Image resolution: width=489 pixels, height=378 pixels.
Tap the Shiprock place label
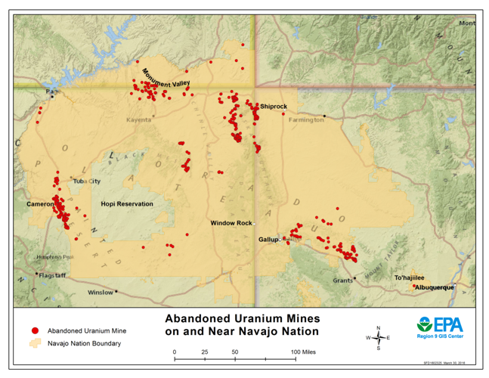pyautogui.click(x=273, y=107)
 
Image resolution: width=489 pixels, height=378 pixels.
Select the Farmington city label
pyautogui.click(x=305, y=119)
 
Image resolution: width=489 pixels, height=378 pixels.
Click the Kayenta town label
pyautogui.click(x=138, y=119)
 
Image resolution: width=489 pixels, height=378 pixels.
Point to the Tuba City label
pyautogui.click(x=86, y=181)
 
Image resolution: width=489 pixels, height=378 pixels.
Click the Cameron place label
pyautogui.click(x=39, y=204)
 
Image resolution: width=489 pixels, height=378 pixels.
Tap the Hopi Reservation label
pyautogui.click(x=127, y=204)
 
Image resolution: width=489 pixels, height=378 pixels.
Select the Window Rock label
pyautogui.click(x=231, y=223)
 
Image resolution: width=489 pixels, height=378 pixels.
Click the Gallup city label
pyautogui.click(x=268, y=240)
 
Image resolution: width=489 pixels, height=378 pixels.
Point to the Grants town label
pyautogui.click(x=342, y=280)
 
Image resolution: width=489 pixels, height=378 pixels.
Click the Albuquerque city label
pyautogui.click(x=434, y=287)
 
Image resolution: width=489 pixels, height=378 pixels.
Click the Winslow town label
pyautogui.click(x=100, y=293)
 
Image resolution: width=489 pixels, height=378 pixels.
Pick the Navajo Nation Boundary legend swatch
pyautogui.click(x=34, y=343)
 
